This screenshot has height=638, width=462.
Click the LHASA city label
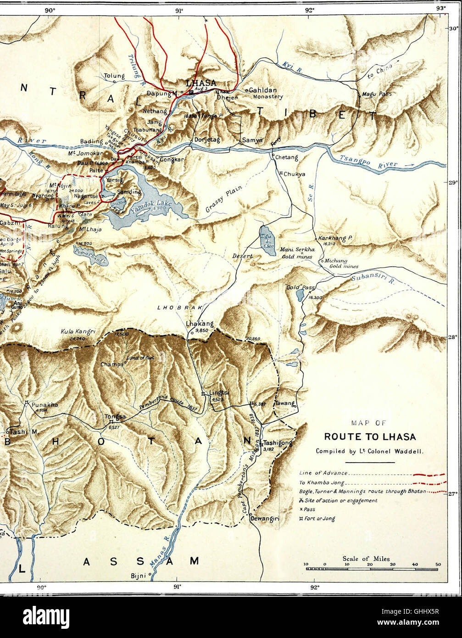pos(200,83)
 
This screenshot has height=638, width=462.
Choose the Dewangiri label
pos(265,519)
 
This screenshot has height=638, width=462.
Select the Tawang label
pos(284,403)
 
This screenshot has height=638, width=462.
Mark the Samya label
pos(252,140)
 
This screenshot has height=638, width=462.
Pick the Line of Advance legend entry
pos(323,473)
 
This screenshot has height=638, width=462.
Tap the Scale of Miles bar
pos(373,569)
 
